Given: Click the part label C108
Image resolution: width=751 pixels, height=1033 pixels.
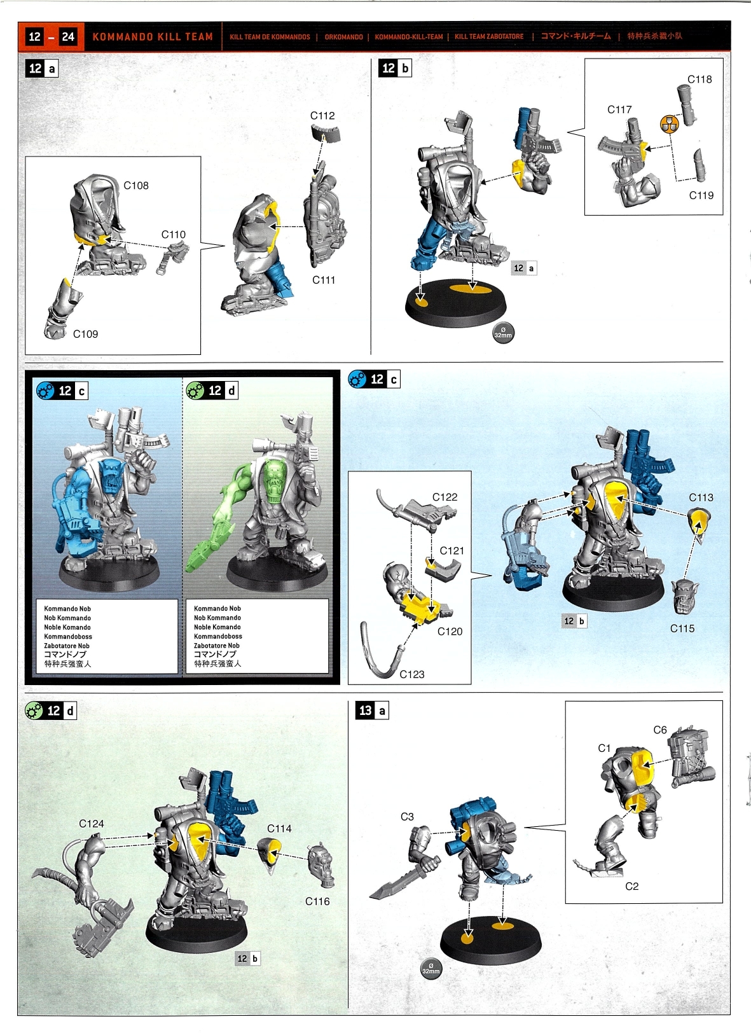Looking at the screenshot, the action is (136, 185).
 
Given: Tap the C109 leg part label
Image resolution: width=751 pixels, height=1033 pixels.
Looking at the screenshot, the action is (86, 334).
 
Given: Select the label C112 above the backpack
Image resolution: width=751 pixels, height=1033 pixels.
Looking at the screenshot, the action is (322, 116).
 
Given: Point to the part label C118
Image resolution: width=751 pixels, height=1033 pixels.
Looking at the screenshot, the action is (699, 80).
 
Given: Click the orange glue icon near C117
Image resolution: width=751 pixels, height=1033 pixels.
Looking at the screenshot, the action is (670, 123).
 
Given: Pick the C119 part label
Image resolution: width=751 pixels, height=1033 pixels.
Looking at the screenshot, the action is (701, 195).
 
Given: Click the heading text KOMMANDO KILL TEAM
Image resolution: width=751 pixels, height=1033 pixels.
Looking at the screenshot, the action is (153, 37).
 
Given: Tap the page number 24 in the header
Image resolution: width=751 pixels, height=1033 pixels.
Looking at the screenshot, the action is (68, 37).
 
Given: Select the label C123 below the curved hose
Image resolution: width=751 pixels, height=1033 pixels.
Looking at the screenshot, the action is (411, 674).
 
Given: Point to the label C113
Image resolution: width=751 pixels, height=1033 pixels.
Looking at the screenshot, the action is (701, 497).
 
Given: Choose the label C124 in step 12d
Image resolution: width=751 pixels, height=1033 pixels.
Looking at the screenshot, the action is (92, 824).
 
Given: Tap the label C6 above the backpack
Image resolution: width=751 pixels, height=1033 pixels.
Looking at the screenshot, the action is (659, 730).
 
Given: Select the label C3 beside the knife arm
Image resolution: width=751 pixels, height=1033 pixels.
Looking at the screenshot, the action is (407, 817).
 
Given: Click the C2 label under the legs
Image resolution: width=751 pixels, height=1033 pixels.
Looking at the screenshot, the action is (631, 886).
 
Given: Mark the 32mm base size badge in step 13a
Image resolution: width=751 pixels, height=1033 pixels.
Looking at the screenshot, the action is (431, 968).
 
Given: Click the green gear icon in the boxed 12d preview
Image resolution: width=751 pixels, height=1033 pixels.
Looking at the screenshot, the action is (195, 391).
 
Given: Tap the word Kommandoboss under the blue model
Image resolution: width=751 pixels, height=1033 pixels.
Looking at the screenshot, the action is (68, 636).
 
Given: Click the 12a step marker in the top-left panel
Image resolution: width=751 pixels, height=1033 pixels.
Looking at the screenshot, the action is (41, 69).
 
